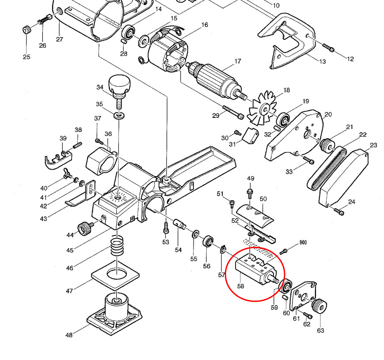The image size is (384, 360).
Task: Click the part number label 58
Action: click(x=240, y=286)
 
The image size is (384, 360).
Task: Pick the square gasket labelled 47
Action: click(x=115, y=277)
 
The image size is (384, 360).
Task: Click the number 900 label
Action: click(x=303, y=243)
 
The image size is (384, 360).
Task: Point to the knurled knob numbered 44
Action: click(x=84, y=228)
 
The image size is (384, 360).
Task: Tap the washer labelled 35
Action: click(x=119, y=116)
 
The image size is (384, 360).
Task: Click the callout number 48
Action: click(x=69, y=335)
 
